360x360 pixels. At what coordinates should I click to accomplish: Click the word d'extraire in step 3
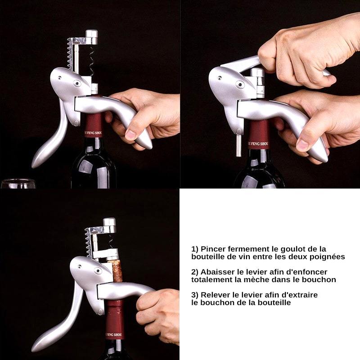(299, 295)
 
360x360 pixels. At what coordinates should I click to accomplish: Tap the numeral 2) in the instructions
(195, 272)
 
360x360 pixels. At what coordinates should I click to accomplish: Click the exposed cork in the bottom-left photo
(117, 271)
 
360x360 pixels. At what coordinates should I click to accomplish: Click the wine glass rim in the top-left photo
(18, 180)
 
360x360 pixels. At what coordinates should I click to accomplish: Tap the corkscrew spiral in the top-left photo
(91, 60)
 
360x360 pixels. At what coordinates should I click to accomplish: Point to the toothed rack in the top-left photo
(70, 54)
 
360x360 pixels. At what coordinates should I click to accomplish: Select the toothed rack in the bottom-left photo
(88, 243)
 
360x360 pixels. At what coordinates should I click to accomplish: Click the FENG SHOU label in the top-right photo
(258, 144)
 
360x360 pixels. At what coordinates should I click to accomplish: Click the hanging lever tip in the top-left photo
(37, 162)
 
